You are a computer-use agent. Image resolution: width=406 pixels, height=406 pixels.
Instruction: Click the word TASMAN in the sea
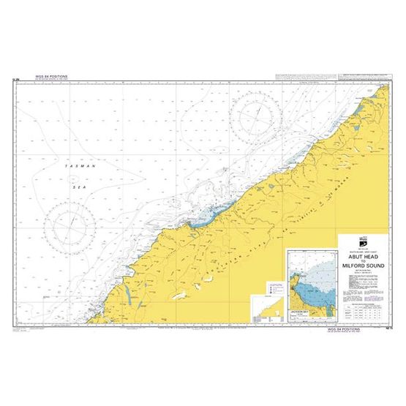(x=79, y=167)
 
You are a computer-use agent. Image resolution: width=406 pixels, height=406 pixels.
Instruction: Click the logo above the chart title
(x=363, y=242)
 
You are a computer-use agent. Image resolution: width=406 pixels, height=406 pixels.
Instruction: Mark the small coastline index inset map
(x=266, y=309)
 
